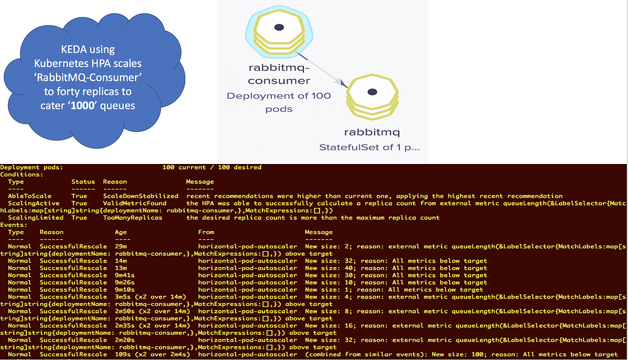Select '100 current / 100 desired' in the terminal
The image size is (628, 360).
tap(212, 168)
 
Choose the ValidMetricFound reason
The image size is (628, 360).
tap(135, 204)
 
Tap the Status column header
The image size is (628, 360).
tap(84, 182)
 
